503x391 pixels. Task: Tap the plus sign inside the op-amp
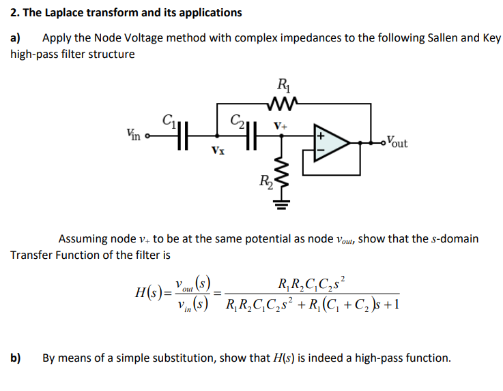click(x=319, y=136)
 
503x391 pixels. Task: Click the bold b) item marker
click(x=16, y=357)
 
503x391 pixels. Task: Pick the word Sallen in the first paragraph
click(x=413, y=38)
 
